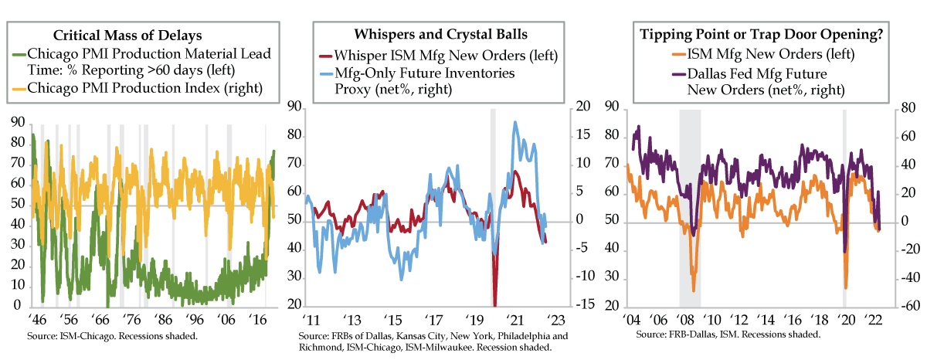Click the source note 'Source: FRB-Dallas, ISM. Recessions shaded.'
(x=727, y=335)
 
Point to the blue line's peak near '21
(x=514, y=122)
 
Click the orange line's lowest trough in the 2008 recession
(x=693, y=290)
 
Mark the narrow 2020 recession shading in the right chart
(x=844, y=209)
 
